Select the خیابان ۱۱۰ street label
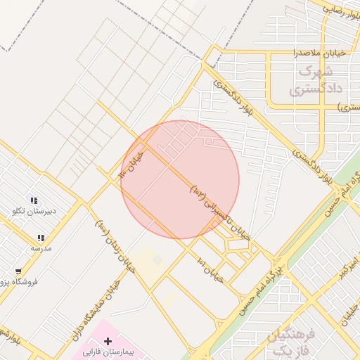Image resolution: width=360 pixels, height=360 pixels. click(132, 164)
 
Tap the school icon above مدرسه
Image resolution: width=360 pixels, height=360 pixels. click(41, 238)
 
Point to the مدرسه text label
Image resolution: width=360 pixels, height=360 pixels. click(41, 248)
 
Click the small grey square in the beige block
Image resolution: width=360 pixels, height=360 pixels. click(157, 260)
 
